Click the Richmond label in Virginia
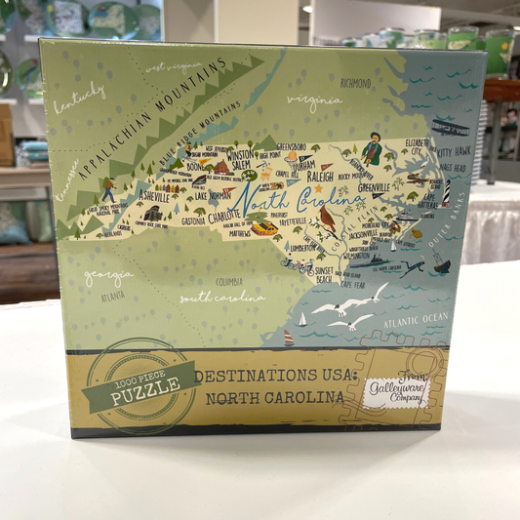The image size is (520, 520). tap(356, 83)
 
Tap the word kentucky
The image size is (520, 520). tap(80, 98)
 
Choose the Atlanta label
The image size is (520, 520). tap(112, 294)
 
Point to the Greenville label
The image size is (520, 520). tap(374, 186)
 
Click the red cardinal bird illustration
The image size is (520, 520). tap(327, 220)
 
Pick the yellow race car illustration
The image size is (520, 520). tap(263, 228)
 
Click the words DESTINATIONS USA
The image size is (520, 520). tap(264, 377)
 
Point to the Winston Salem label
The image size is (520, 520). tap(239, 159)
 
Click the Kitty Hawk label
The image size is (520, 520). tap(454, 152)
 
